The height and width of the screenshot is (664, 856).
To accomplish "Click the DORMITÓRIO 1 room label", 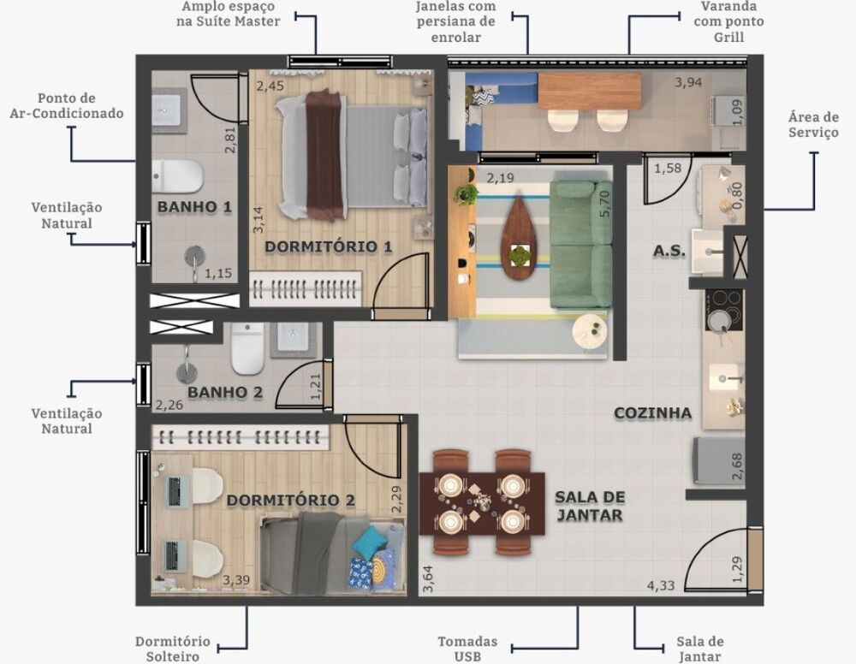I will pyautogui.click(x=328, y=246).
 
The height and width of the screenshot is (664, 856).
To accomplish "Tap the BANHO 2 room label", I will pyautogui.click(x=225, y=393).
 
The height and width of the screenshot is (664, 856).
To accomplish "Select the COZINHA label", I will pyautogui.click(x=652, y=413).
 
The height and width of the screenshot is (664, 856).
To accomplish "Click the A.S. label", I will pyautogui.click(x=669, y=252).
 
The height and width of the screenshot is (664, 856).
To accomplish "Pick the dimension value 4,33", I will pyautogui.click(x=661, y=587).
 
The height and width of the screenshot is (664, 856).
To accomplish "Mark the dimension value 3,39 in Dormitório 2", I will pyautogui.click(x=236, y=581).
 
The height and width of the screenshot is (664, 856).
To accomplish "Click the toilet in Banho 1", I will pyautogui.click(x=179, y=176).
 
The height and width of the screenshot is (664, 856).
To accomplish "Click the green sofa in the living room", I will pyautogui.click(x=581, y=243).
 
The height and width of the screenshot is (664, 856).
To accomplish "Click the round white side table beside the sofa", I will pyautogui.click(x=589, y=330).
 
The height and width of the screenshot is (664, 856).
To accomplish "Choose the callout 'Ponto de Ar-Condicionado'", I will pyautogui.click(x=79, y=106).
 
